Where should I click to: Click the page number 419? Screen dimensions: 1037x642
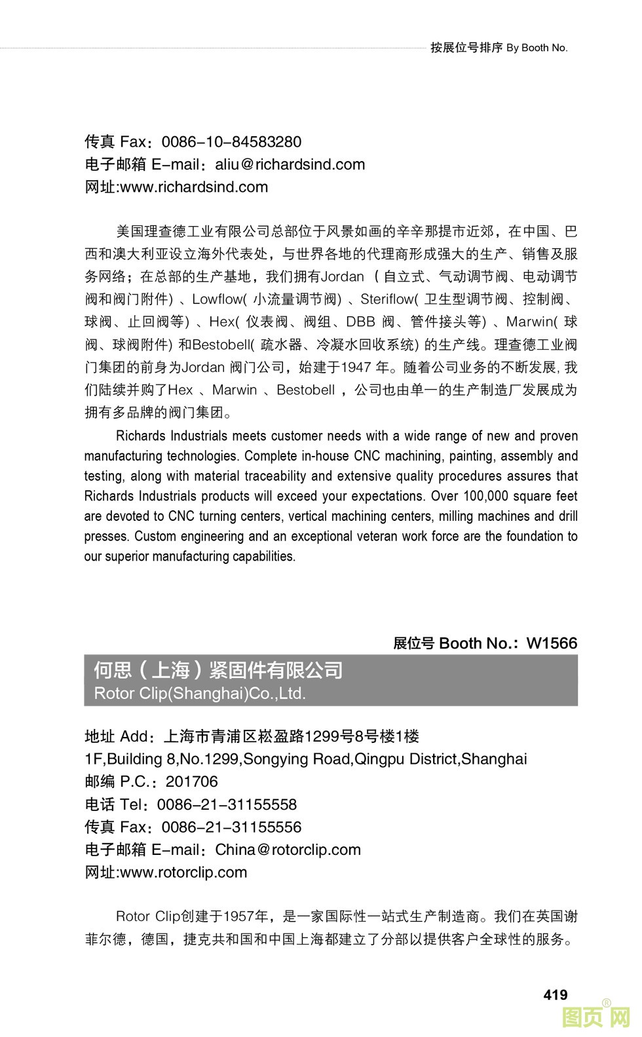click(555, 994)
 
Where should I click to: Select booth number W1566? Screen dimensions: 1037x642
click(552, 643)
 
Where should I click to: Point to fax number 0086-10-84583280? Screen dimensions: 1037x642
click(231, 142)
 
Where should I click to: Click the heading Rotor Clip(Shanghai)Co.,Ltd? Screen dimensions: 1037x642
click(200, 693)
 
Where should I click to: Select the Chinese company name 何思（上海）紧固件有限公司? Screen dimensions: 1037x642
click(218, 670)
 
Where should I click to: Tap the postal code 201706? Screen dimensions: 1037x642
click(191, 782)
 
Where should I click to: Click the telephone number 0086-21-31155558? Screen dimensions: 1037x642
click(227, 804)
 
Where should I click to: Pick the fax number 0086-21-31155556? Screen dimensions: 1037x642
click(231, 827)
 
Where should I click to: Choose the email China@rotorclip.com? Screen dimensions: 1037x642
click(288, 850)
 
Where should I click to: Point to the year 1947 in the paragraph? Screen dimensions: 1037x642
click(356, 368)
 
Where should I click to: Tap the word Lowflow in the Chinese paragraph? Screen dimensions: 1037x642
click(217, 299)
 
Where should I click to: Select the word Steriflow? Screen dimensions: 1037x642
click(387, 299)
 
